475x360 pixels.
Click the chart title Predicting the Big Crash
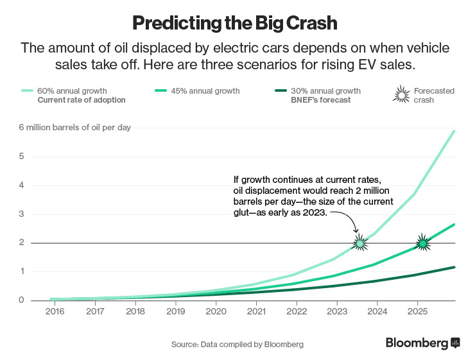[234, 22]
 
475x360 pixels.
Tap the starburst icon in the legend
[401, 96]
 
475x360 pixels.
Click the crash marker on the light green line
[361, 243]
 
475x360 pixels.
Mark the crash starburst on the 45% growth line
[422, 243]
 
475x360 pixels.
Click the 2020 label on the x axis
[215, 311]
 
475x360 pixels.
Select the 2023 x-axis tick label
[336, 311]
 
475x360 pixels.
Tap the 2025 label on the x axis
[417, 311]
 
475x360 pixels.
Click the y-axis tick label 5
[21, 156]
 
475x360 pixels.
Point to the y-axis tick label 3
[21, 214]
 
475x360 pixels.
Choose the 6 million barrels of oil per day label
[74, 127]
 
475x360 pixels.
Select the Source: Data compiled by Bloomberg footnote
[237, 344]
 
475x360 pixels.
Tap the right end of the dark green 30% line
[454, 267]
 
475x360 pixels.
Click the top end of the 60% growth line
[454, 131]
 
